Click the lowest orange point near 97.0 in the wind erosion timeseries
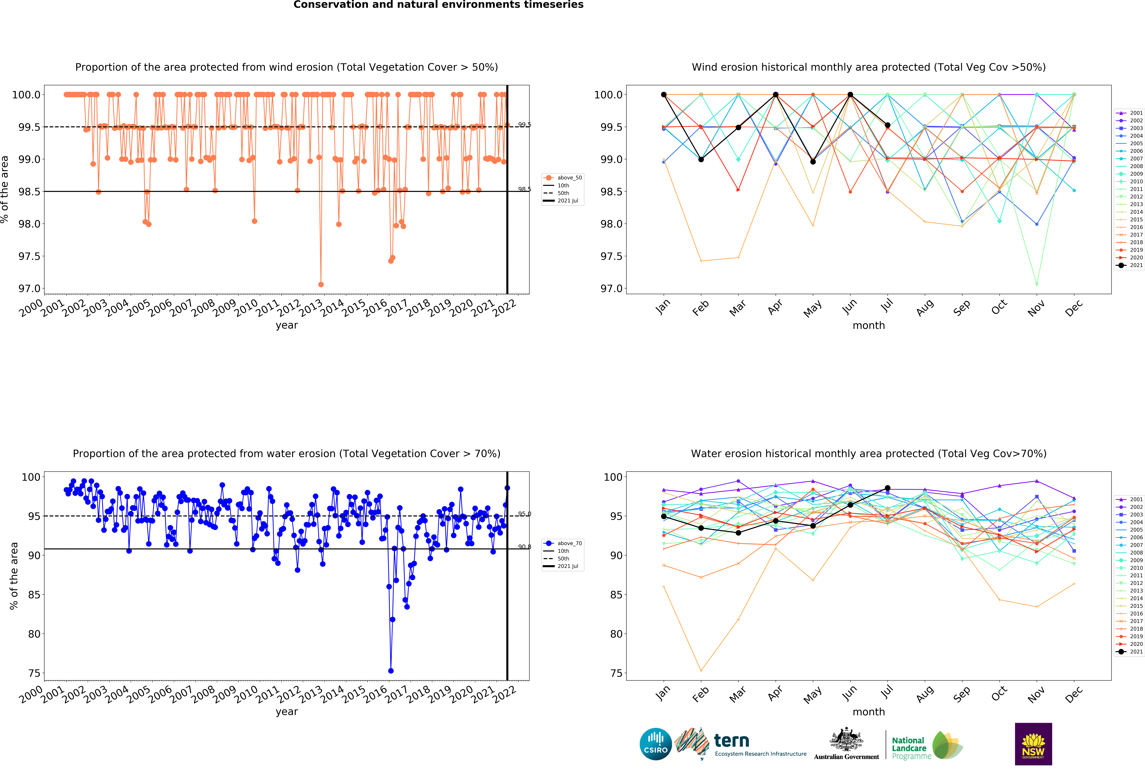(x=321, y=284)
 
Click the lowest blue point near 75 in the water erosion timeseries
(x=391, y=671)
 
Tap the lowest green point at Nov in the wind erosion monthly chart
(x=1037, y=284)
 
